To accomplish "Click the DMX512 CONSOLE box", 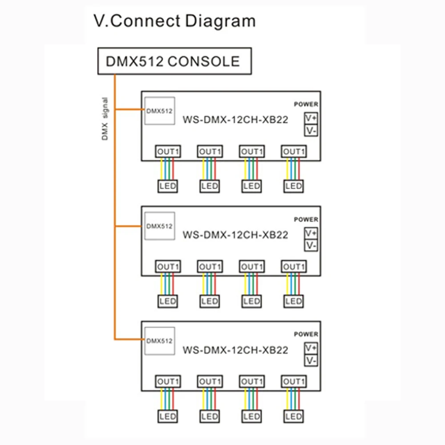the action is [x=174, y=61].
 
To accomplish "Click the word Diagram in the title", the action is [x=220, y=21].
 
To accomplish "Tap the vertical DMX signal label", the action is [x=105, y=119].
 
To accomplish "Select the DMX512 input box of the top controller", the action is [x=159, y=111].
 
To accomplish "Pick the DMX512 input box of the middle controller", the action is [x=159, y=226].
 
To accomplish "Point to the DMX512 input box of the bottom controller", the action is [x=159, y=341].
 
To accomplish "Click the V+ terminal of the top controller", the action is [x=311, y=118].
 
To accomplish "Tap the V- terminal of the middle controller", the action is [x=311, y=246].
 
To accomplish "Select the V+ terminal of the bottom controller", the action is [x=311, y=348].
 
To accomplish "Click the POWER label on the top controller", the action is [x=306, y=104].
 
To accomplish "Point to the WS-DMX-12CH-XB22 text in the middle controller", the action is [x=235, y=235].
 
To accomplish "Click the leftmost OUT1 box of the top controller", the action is [x=168, y=151].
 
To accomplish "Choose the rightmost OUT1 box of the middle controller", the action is [x=294, y=267].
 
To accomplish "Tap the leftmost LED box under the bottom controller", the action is [x=168, y=417].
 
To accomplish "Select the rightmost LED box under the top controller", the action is [x=293, y=186].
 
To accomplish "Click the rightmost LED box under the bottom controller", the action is [x=293, y=417].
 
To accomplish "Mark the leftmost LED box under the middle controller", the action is [x=168, y=301].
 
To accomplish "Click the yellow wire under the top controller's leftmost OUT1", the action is [x=161, y=169].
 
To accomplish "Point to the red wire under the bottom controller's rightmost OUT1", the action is [x=299, y=399].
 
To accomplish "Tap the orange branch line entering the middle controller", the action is [x=128, y=226].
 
